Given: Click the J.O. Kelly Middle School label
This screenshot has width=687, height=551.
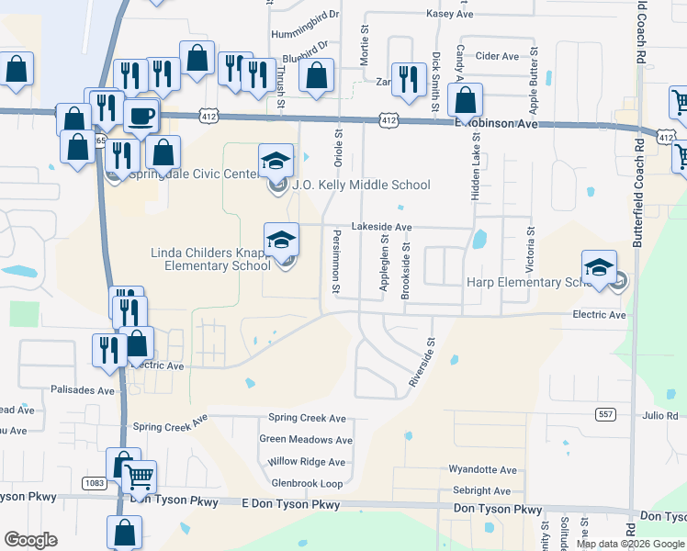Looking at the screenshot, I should [x=361, y=185].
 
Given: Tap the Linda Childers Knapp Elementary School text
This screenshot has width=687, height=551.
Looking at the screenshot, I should [x=212, y=259].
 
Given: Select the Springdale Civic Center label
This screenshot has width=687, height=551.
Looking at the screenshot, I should [x=193, y=173].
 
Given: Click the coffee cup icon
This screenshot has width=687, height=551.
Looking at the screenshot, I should [x=141, y=117].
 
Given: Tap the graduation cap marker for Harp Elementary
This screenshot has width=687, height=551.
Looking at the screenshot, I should [x=599, y=267].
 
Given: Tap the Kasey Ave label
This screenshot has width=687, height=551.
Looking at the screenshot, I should [x=450, y=15].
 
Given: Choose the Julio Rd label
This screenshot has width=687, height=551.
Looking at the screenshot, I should [x=659, y=415].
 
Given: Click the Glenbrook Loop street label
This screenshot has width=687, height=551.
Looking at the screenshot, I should [x=307, y=483].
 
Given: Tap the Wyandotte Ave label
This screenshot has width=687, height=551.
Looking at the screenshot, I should [x=479, y=469].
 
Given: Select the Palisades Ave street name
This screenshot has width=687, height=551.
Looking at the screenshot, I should [x=83, y=389].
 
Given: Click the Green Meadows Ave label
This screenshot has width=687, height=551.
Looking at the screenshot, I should [x=306, y=440].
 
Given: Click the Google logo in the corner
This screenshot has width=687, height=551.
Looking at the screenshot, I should [x=30, y=540].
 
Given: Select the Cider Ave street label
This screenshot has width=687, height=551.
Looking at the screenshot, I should [x=498, y=56].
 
